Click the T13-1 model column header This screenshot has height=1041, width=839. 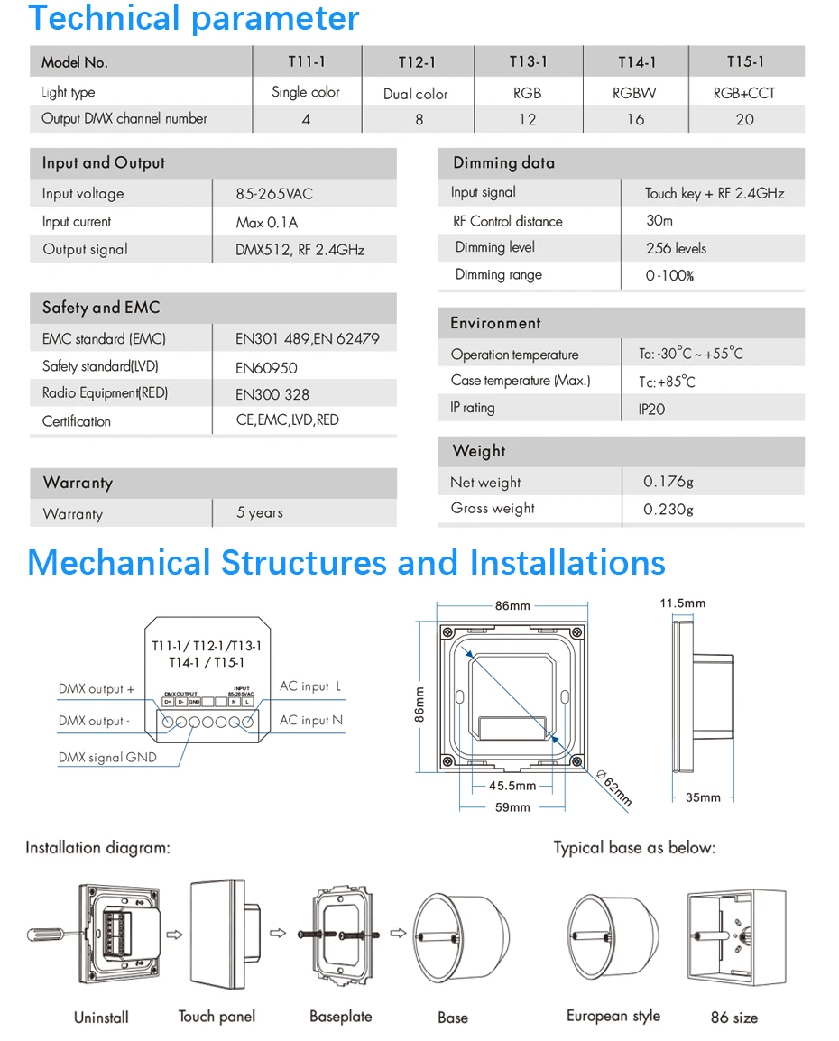528,62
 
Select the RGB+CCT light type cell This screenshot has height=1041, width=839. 744,93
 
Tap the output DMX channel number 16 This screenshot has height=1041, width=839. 636,119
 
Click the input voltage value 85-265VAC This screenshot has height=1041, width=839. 274,194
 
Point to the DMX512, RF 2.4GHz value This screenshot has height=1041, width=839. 300,250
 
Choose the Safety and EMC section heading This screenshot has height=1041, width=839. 101,308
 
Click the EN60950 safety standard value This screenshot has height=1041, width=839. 266,368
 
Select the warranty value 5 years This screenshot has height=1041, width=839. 260,513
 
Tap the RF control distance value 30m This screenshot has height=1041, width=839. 659,221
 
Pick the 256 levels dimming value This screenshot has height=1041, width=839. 676,248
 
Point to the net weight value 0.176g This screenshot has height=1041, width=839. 668,482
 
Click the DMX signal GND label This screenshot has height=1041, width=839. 107,758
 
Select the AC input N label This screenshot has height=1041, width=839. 311,721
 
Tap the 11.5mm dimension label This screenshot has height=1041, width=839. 682,603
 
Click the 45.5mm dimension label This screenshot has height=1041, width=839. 512,786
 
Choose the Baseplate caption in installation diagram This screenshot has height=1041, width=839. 340,1017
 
